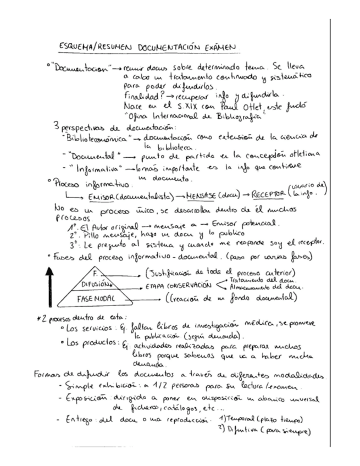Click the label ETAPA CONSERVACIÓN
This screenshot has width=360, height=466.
(178, 286)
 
